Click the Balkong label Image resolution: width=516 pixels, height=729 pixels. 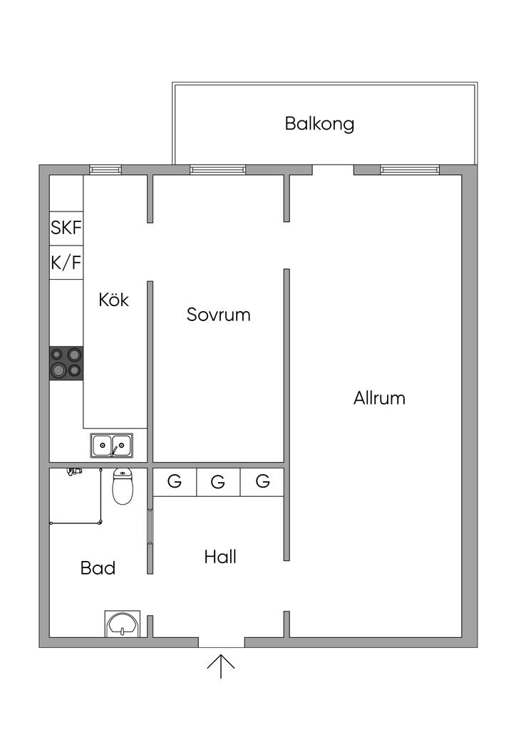click(x=319, y=124)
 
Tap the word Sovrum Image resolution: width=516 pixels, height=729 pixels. click(x=218, y=315)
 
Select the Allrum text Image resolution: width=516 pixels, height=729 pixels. click(x=379, y=398)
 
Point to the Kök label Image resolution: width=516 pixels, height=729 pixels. click(x=113, y=299)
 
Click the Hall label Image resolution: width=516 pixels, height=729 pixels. click(x=220, y=557)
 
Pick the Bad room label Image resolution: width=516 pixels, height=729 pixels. click(x=98, y=567)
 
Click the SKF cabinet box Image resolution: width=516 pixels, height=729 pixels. click(x=66, y=229)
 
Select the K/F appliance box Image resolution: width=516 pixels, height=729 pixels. click(x=66, y=263)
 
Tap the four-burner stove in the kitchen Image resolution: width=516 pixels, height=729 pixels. click(x=66, y=363)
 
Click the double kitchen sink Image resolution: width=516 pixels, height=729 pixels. click(x=112, y=446)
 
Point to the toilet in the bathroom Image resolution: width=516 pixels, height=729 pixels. click(x=123, y=486)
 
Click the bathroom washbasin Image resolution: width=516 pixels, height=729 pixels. click(x=122, y=624)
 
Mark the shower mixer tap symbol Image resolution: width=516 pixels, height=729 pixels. click(x=74, y=472)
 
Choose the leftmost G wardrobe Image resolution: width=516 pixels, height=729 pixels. click(x=175, y=482)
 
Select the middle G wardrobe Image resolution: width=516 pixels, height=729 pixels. click(x=219, y=482)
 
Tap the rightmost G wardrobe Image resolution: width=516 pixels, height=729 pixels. click(x=262, y=482)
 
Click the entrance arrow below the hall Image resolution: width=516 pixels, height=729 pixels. click(x=220, y=666)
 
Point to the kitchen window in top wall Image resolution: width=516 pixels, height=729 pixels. click(x=105, y=169)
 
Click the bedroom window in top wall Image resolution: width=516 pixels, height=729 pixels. click(x=218, y=169)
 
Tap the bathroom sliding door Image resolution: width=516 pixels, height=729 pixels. click(x=150, y=527)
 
